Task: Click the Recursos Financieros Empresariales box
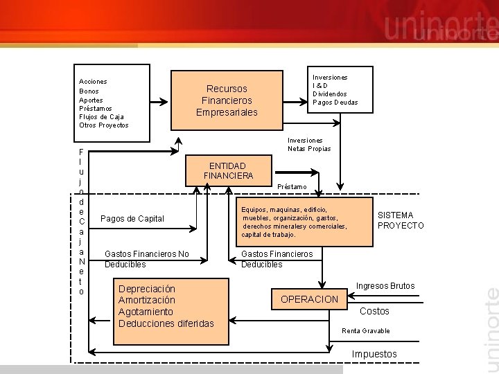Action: [x=227, y=100]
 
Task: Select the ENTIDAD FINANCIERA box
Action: [x=228, y=171]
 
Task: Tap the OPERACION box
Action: [x=309, y=299]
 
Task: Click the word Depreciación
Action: [x=147, y=289]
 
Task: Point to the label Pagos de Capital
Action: [x=132, y=219]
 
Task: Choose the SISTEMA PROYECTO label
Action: [x=401, y=220]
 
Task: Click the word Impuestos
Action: [x=374, y=355]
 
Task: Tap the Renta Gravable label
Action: [x=366, y=331]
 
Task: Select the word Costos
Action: [x=374, y=312]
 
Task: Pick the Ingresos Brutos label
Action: [x=385, y=286]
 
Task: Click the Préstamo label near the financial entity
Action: [x=292, y=187]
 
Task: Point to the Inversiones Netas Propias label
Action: [x=309, y=145]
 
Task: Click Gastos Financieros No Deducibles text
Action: [x=146, y=259]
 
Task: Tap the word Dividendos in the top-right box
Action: [x=330, y=94]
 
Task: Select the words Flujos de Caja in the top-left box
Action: [x=101, y=116]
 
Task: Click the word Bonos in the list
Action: [x=89, y=91]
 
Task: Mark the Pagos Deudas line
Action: [x=335, y=103]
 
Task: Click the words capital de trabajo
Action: [x=269, y=235]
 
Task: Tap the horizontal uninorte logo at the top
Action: [x=440, y=28]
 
